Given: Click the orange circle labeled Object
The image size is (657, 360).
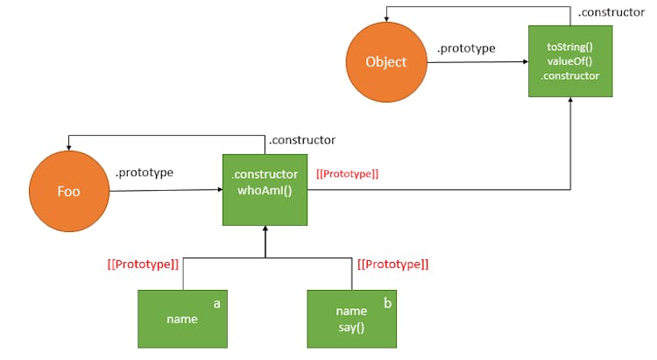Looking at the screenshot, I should (385, 61).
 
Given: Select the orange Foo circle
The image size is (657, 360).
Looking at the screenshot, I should (67, 190).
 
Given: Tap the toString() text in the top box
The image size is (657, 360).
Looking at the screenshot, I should (570, 45).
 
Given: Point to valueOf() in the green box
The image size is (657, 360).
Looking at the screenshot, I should (569, 60).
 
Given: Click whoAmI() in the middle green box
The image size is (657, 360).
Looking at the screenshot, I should (265, 190).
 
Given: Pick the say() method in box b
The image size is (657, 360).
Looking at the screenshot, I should (350, 327).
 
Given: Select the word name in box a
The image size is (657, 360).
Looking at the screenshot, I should (182, 320).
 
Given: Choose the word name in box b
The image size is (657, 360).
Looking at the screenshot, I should (350, 311).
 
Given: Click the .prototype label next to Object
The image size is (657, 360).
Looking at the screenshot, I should (466, 48).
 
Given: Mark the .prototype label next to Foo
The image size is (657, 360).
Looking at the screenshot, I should (145, 173).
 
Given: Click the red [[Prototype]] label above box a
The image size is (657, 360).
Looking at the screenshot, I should (143, 263).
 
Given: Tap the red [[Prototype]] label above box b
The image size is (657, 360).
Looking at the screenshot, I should (392, 263).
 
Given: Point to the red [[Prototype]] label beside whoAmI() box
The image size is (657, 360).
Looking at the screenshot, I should (348, 174).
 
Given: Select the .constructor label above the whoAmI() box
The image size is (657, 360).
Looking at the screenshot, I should (301, 139).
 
